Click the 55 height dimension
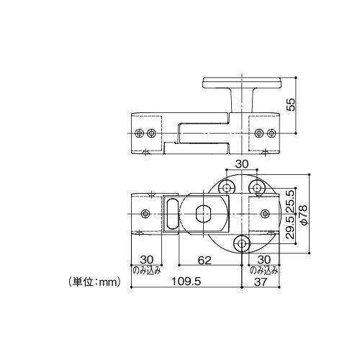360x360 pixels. (290, 104)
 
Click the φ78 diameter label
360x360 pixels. (305, 215)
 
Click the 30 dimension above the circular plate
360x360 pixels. (241, 164)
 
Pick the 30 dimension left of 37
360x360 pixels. (263, 259)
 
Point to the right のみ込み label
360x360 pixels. (264, 271)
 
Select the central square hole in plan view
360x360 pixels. (204, 213)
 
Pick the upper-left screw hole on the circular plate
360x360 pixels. (228, 187)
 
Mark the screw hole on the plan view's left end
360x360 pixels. (145, 214)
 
